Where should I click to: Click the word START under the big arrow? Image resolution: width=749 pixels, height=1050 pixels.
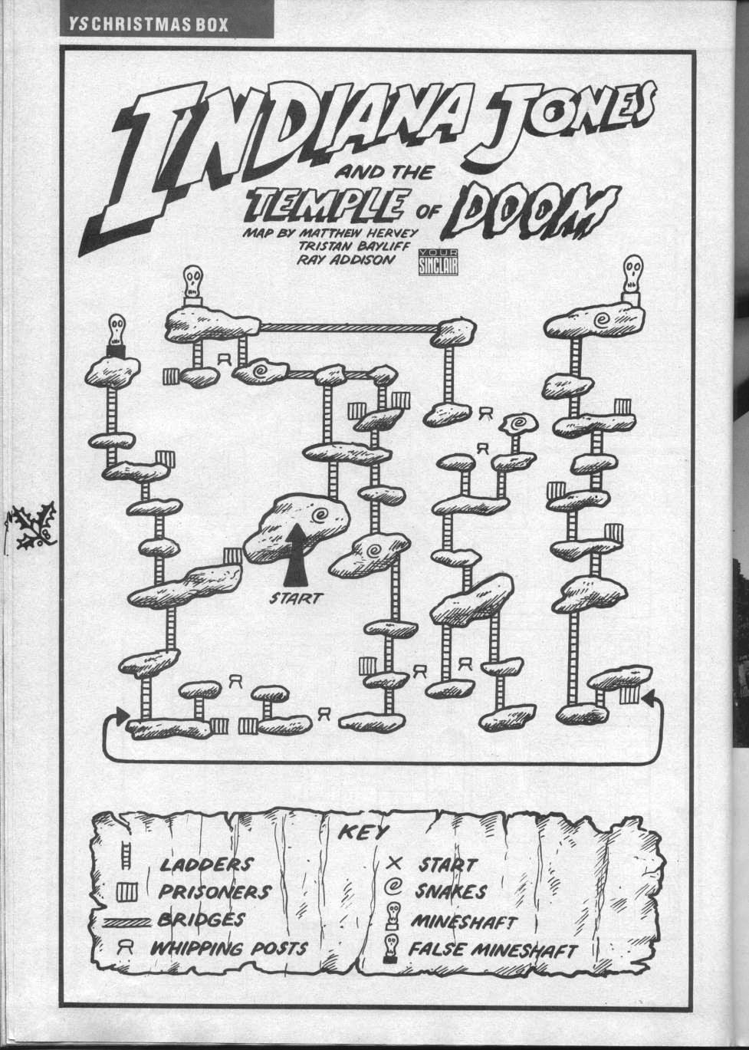pyautogui.click(x=296, y=599)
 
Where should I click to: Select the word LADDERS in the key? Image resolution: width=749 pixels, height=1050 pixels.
pyautogui.click(x=205, y=864)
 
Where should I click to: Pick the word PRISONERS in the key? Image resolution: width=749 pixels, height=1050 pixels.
pyautogui.click(x=215, y=892)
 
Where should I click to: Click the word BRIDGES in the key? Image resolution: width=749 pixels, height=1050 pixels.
pyautogui.click(x=202, y=919)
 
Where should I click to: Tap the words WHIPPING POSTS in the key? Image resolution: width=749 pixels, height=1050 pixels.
pyautogui.click(x=228, y=948)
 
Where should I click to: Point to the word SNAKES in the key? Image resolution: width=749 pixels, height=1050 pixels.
pyautogui.click(x=451, y=891)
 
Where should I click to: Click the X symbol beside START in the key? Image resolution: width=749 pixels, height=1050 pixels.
pyautogui.click(x=396, y=864)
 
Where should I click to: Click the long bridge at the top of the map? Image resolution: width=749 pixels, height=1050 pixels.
pyautogui.click(x=350, y=328)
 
